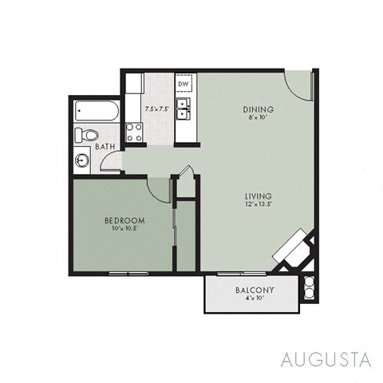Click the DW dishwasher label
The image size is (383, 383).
pyautogui.click(x=183, y=84)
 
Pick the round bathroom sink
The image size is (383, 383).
pyautogui.click(x=83, y=160)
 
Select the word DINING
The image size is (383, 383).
pyautogui.click(x=259, y=109)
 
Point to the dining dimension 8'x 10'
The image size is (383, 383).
pyautogui.click(x=259, y=117)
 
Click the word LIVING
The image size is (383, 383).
pyautogui.click(x=259, y=196)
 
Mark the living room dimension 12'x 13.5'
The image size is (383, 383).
pyautogui.click(x=259, y=205)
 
